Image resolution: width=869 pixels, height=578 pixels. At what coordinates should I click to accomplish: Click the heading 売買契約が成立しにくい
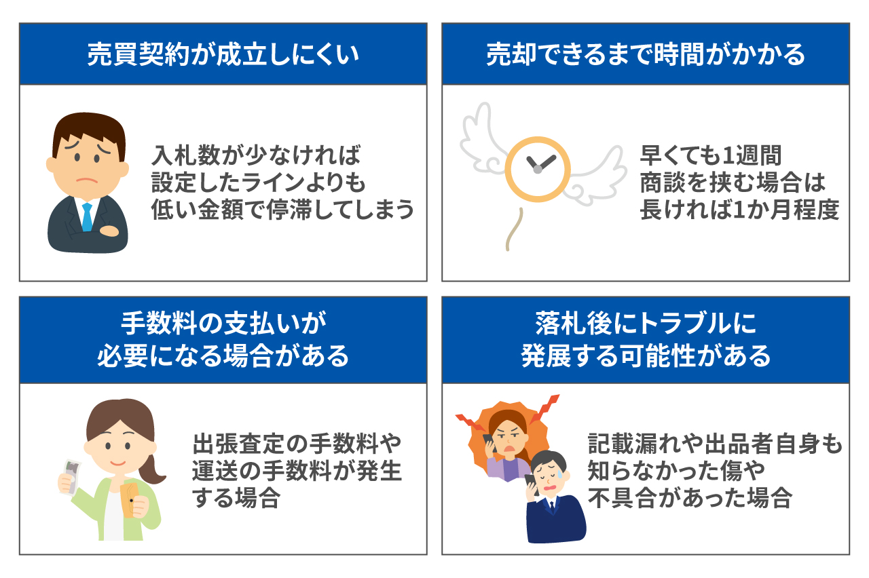(x=223, y=54)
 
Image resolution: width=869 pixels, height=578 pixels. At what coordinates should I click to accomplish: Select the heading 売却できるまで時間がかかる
(x=646, y=54)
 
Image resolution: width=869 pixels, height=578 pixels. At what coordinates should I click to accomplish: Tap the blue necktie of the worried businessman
(x=88, y=216)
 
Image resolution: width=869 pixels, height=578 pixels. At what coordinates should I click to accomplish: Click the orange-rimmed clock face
(x=537, y=169)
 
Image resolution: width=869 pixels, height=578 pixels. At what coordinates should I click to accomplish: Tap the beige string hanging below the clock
(x=514, y=229)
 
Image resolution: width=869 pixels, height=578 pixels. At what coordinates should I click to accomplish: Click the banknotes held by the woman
(x=71, y=478)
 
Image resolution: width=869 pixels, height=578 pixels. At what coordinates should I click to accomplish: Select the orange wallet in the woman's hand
(x=130, y=500)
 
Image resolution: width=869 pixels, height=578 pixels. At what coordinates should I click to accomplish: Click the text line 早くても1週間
(x=710, y=155)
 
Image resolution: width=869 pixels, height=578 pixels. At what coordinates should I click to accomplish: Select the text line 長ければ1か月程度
(x=739, y=210)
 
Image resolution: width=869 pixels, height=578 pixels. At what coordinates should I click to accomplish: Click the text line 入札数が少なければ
(x=256, y=155)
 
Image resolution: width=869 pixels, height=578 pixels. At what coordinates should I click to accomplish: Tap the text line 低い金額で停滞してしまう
(x=282, y=210)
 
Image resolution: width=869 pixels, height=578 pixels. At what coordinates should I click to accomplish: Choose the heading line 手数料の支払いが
(x=223, y=323)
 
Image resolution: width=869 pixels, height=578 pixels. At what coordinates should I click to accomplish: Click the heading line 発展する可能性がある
(x=646, y=355)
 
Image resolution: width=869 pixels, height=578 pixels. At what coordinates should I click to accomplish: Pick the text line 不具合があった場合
(x=690, y=498)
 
